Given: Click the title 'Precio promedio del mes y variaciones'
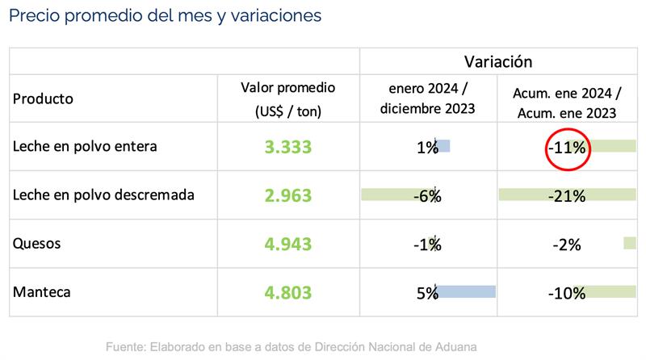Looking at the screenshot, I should tap(165, 16).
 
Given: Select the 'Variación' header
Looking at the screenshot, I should tap(499, 61).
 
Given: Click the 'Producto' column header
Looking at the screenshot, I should tap(43, 98).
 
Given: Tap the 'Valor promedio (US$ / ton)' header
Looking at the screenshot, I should tap(288, 98).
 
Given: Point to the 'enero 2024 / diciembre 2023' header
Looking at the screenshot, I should tap(427, 98).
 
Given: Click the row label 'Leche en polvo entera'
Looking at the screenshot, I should tap(85, 147).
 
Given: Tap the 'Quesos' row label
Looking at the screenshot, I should tap(37, 244).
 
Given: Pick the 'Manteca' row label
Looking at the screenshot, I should tap(42, 292).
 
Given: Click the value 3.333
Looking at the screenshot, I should tap(288, 148).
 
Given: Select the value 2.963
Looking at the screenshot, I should tap(288, 195).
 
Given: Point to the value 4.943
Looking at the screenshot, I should tap(288, 244).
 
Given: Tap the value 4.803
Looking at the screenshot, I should tap(288, 292).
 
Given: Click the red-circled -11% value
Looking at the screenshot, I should tap(565, 148).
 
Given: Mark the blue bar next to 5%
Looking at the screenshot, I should tap(466, 292).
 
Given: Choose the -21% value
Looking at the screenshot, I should tap(565, 195).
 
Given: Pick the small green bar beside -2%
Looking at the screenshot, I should tap(630, 243).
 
